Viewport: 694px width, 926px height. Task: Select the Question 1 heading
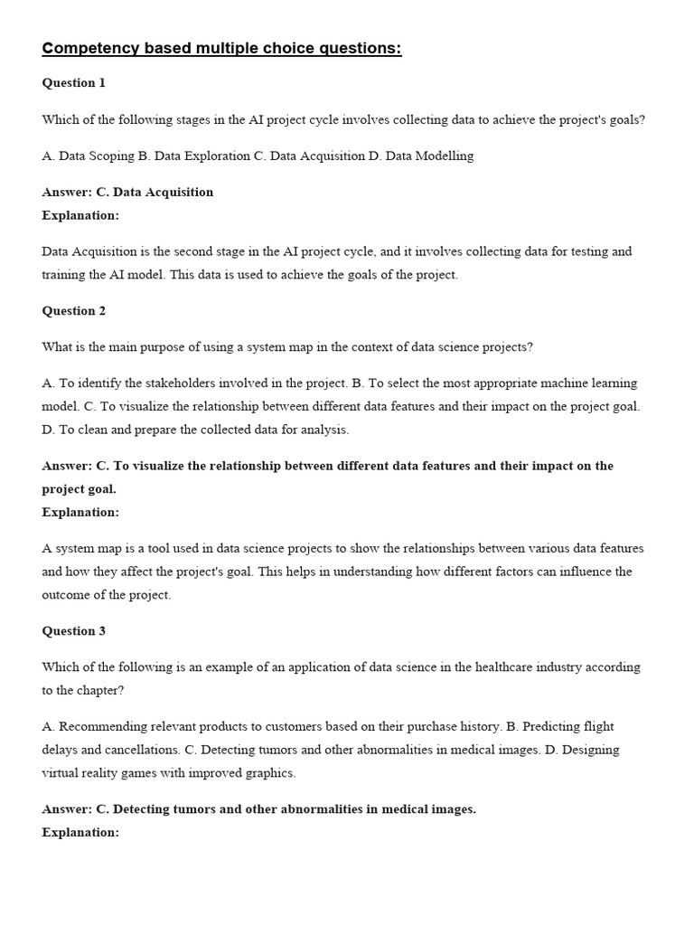(74, 83)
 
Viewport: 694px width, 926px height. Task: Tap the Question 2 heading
(74, 311)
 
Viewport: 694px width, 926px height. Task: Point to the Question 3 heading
(74, 631)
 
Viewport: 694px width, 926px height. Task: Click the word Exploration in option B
(217, 156)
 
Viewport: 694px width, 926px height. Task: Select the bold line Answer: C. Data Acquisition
(128, 192)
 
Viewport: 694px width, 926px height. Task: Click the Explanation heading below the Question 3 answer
(80, 833)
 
